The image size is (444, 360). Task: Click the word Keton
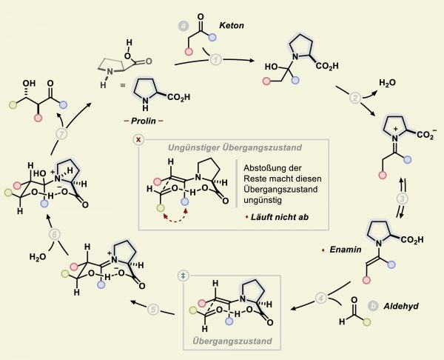(x=232, y=25)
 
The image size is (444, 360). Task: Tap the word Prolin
(x=144, y=121)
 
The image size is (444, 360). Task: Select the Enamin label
(x=346, y=250)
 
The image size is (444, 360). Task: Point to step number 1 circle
(x=216, y=60)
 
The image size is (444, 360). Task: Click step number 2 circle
(x=356, y=99)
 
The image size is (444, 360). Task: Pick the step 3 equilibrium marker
(x=403, y=199)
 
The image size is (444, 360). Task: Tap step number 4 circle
(x=321, y=298)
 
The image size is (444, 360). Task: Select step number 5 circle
(x=153, y=309)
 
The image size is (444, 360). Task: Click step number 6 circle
(x=55, y=235)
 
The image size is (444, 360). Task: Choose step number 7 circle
(x=61, y=134)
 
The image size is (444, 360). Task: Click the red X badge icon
(x=138, y=140)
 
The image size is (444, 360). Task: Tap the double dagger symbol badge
(x=184, y=276)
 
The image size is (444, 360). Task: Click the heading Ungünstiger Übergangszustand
(x=235, y=147)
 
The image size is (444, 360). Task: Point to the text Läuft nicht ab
(x=280, y=217)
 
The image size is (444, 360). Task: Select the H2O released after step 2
(x=387, y=83)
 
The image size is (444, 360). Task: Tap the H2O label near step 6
(x=38, y=257)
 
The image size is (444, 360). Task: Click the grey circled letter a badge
(x=184, y=26)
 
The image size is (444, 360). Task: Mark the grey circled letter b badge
(x=374, y=306)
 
